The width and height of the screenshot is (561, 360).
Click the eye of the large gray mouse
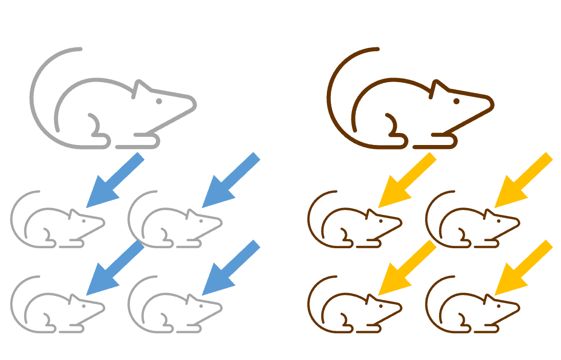159,101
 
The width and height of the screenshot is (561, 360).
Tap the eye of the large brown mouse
457,101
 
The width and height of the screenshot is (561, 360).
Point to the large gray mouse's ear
141,88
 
